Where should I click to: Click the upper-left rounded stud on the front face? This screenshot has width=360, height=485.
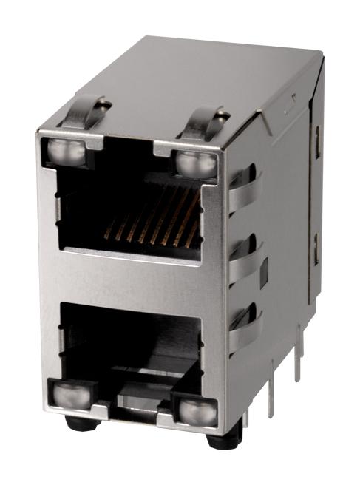[61, 152]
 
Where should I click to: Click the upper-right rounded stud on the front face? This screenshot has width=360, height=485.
[197, 163]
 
